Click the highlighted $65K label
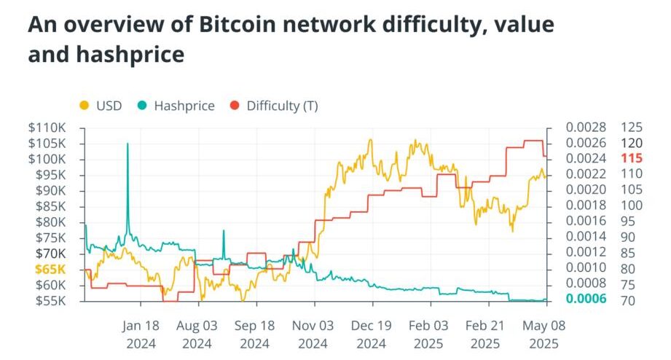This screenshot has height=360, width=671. (49, 269)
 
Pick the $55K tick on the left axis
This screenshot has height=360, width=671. (49, 300)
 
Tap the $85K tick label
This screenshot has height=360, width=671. (49, 206)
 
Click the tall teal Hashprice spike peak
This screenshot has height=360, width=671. (127, 144)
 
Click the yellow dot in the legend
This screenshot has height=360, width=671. (84, 106)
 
